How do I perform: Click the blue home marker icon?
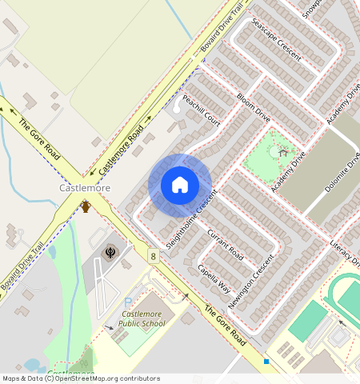(x=180, y=185)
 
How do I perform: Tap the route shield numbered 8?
(x=152, y=256)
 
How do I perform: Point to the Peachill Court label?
(x=201, y=110)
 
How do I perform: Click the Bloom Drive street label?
(x=254, y=106)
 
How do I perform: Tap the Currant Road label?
(x=225, y=245)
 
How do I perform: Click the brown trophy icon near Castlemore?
(x=85, y=206)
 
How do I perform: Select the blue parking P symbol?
(x=128, y=302)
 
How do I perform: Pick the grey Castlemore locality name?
(x=85, y=188)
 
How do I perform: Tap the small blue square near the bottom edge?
(x=266, y=362)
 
